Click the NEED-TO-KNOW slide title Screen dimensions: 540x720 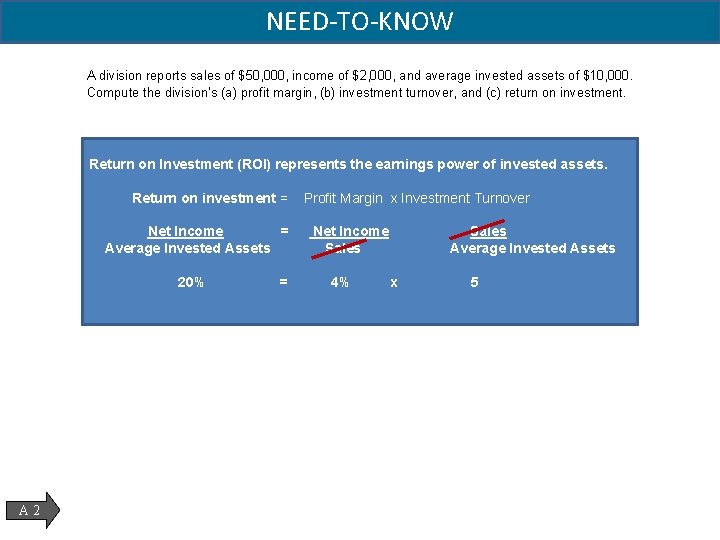pyautogui.click(x=360, y=21)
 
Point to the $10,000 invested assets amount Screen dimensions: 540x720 pyautogui.click(x=606, y=76)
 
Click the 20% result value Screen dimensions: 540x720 pyautogui.click(x=190, y=282)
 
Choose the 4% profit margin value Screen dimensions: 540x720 pyautogui.click(x=340, y=282)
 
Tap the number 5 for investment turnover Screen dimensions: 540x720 pyautogui.click(x=474, y=282)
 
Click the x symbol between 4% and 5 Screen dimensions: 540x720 pyautogui.click(x=394, y=283)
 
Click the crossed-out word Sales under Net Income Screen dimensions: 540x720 pyautogui.click(x=342, y=248)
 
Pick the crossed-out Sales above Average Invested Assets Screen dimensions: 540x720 pyautogui.click(x=488, y=231)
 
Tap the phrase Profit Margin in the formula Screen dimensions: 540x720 pyautogui.click(x=343, y=198)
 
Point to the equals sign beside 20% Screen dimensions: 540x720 pyautogui.click(x=283, y=282)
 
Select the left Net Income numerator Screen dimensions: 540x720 pyautogui.click(x=186, y=231)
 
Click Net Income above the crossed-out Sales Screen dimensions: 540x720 pyautogui.click(x=351, y=231)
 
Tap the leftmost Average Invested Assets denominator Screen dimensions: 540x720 pyautogui.click(x=188, y=248)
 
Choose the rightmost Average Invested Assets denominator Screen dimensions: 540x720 pyautogui.click(x=532, y=248)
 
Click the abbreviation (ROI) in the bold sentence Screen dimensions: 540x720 pyautogui.click(x=252, y=164)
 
